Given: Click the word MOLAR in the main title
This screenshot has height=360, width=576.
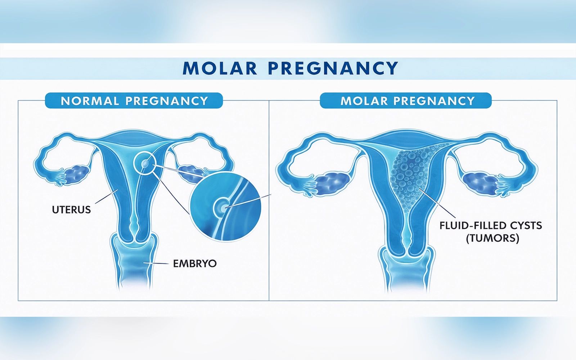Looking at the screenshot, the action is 220,68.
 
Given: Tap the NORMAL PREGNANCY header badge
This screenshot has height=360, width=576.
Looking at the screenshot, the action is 134,100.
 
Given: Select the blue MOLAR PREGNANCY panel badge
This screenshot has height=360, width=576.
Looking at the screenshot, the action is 406,100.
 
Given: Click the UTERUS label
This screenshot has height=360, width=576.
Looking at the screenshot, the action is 72,210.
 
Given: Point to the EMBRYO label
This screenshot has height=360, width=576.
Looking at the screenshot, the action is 195,264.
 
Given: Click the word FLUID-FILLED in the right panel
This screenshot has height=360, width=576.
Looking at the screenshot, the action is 472,225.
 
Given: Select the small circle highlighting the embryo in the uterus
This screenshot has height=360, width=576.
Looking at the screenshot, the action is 144,165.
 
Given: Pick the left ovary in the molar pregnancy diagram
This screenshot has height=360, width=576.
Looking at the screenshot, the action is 332,184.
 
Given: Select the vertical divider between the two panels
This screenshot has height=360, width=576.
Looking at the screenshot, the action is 269,200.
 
